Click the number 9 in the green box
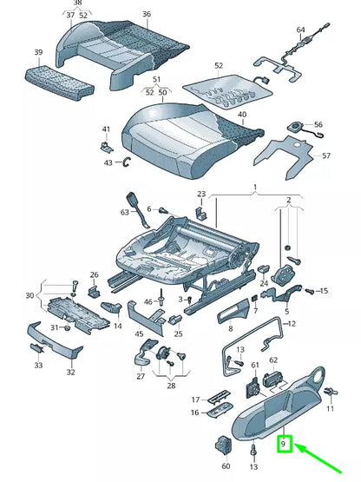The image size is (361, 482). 283,444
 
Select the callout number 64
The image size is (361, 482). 300,30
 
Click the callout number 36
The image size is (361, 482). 147,14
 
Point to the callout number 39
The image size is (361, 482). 38,52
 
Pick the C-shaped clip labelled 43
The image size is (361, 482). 127,162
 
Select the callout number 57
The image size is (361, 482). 326,155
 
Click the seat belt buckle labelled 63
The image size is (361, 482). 137,209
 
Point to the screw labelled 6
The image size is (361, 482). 162,210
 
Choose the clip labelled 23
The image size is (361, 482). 201,213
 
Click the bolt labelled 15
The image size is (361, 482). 310,291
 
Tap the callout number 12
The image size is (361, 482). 292,323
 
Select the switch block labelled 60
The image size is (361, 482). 224,446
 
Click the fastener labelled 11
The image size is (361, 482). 331,393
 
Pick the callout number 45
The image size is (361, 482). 139,333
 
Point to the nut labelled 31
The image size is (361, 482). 66,328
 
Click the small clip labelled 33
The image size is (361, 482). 36,349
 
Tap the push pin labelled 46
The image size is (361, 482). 161,297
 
